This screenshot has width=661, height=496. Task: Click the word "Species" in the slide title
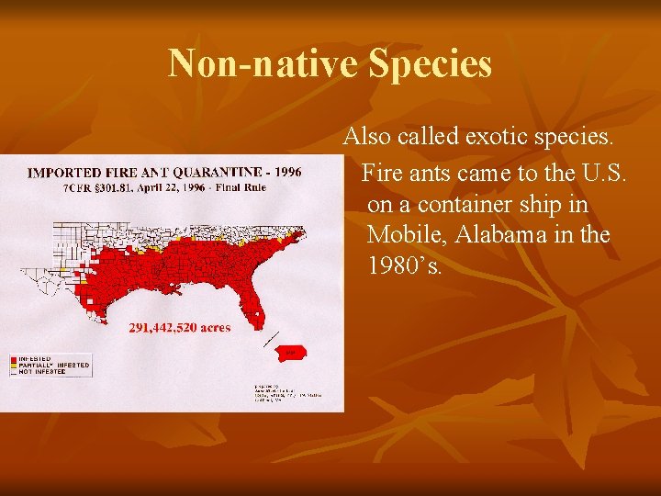pyautogui.click(x=430, y=64)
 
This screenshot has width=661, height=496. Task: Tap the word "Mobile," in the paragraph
pyautogui.click(x=403, y=234)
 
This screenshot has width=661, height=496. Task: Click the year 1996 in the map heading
pyautogui.click(x=285, y=172)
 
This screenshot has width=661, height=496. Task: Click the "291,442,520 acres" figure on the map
pyautogui.click(x=180, y=327)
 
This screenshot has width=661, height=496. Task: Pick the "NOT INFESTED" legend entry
pyautogui.click(x=44, y=371)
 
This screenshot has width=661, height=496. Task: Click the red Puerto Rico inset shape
pyautogui.click(x=291, y=352)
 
